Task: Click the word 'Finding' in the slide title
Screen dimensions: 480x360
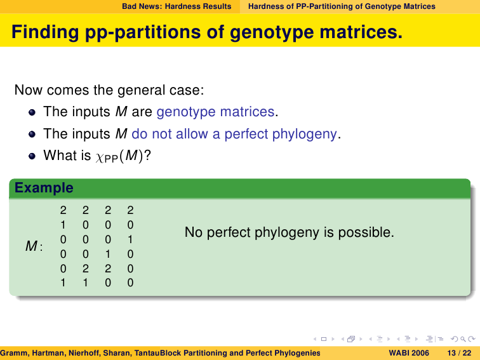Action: (45, 32)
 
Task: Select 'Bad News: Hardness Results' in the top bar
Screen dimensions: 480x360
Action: (177, 6)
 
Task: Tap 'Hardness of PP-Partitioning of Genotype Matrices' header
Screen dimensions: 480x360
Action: (342, 6)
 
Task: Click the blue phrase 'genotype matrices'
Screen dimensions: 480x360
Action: (215, 112)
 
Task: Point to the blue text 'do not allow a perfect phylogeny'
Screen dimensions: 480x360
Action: (234, 134)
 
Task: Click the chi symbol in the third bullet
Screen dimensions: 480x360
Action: (100, 157)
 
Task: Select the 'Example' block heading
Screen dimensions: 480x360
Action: (44, 188)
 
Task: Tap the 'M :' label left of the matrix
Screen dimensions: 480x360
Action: (34, 246)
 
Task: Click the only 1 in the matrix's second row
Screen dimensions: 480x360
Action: (63, 225)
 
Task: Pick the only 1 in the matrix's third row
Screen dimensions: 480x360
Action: (130, 239)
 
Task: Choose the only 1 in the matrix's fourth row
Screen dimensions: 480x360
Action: (108, 254)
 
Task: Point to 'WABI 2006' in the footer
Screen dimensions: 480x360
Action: (409, 353)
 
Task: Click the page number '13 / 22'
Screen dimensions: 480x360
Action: (459, 353)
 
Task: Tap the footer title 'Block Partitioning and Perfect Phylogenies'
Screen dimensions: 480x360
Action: (240, 353)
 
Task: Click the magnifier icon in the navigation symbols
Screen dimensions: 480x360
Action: (463, 339)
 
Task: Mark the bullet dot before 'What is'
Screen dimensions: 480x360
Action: (32, 156)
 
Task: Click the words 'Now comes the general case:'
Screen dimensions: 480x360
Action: (109, 90)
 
